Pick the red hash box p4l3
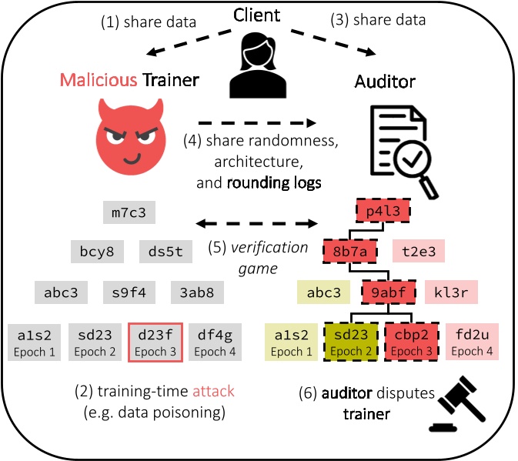click(x=383, y=209)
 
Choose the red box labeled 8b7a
click(x=349, y=251)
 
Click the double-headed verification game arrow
click(x=256, y=224)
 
